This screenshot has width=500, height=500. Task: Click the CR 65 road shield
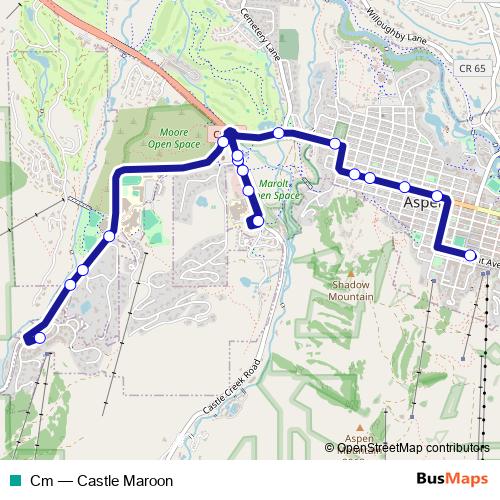click(x=474, y=68)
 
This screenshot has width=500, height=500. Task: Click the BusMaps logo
click(x=451, y=479)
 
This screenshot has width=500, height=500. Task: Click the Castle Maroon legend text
click(x=95, y=480)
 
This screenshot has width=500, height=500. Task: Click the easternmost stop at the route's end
click(x=469, y=254)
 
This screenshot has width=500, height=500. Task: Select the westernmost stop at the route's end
click(x=39, y=338)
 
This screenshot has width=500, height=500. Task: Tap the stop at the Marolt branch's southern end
click(x=257, y=221)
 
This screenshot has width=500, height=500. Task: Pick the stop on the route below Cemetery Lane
click(x=278, y=133)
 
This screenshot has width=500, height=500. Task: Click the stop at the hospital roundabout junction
click(x=229, y=133)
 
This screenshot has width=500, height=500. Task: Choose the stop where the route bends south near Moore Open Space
click(x=109, y=235)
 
